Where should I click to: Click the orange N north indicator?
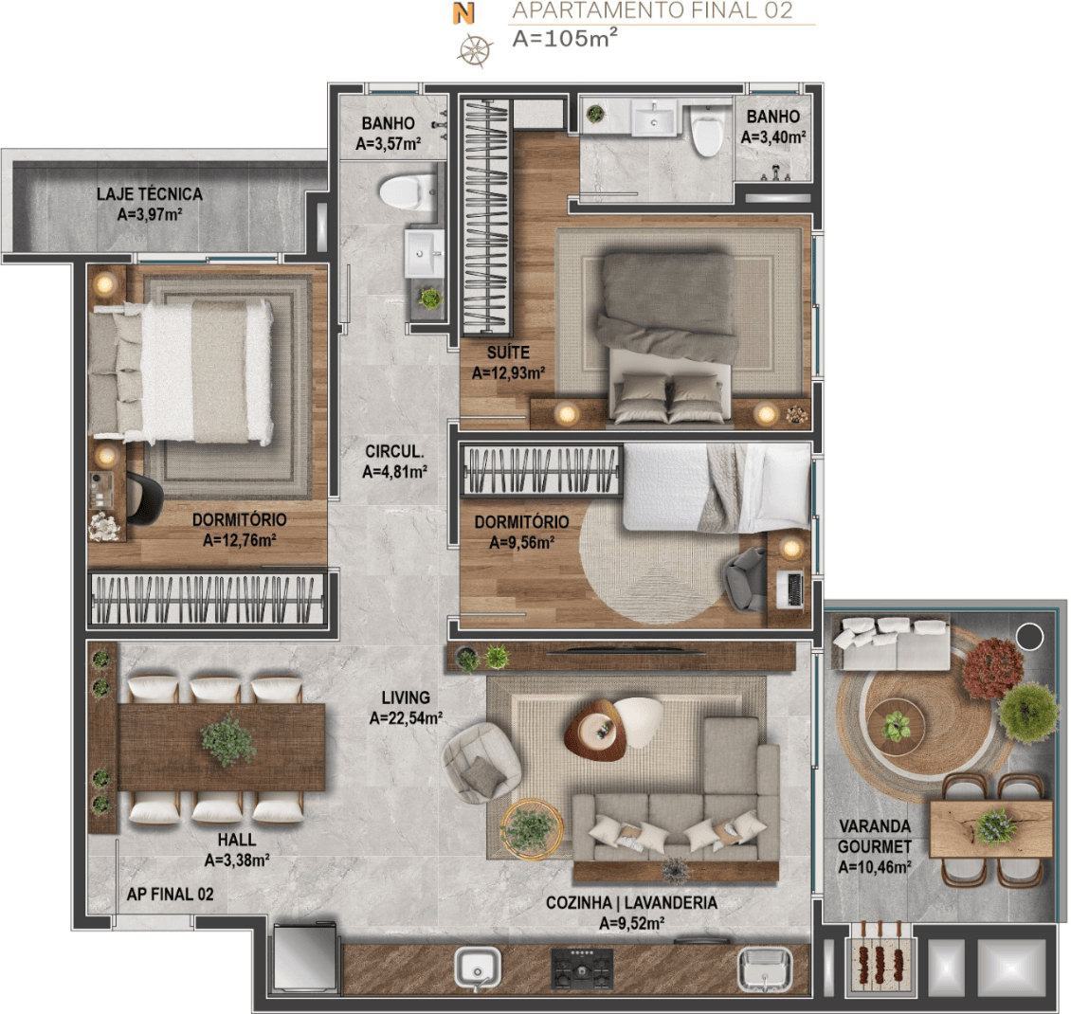tap(463, 13)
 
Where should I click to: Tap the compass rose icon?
tap(475, 50)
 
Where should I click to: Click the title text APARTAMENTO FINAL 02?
tap(652, 10)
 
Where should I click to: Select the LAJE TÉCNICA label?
tap(150, 194)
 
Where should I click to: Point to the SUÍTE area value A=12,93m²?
tap(508, 372)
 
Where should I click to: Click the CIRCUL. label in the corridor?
tap(394, 451)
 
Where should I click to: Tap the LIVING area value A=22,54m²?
tap(406, 717)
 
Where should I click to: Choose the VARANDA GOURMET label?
tap(875, 837)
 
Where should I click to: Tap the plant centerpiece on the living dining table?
tap(228, 740)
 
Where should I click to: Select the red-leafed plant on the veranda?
tap(992, 667)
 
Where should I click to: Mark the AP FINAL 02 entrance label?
tap(170, 894)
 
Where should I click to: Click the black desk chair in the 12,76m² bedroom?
tap(144, 499)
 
